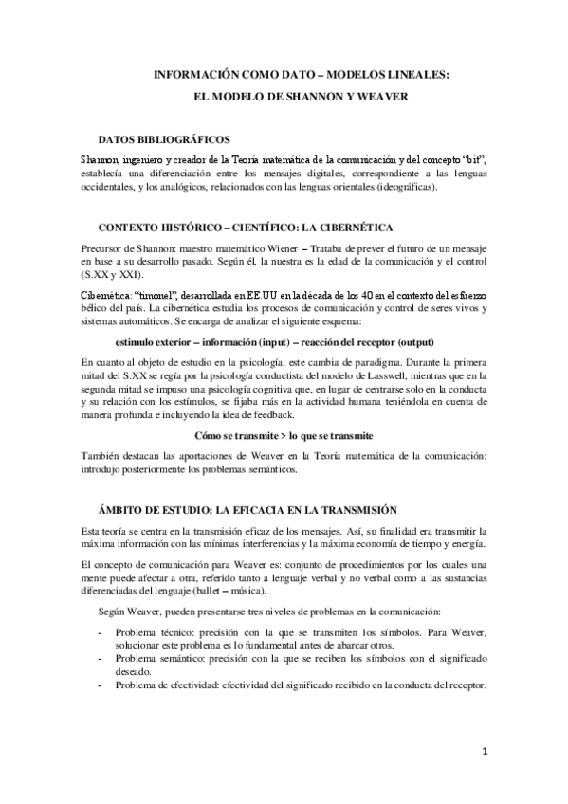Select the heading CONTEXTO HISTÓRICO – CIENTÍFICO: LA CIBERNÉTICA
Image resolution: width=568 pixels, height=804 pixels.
(243, 229)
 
